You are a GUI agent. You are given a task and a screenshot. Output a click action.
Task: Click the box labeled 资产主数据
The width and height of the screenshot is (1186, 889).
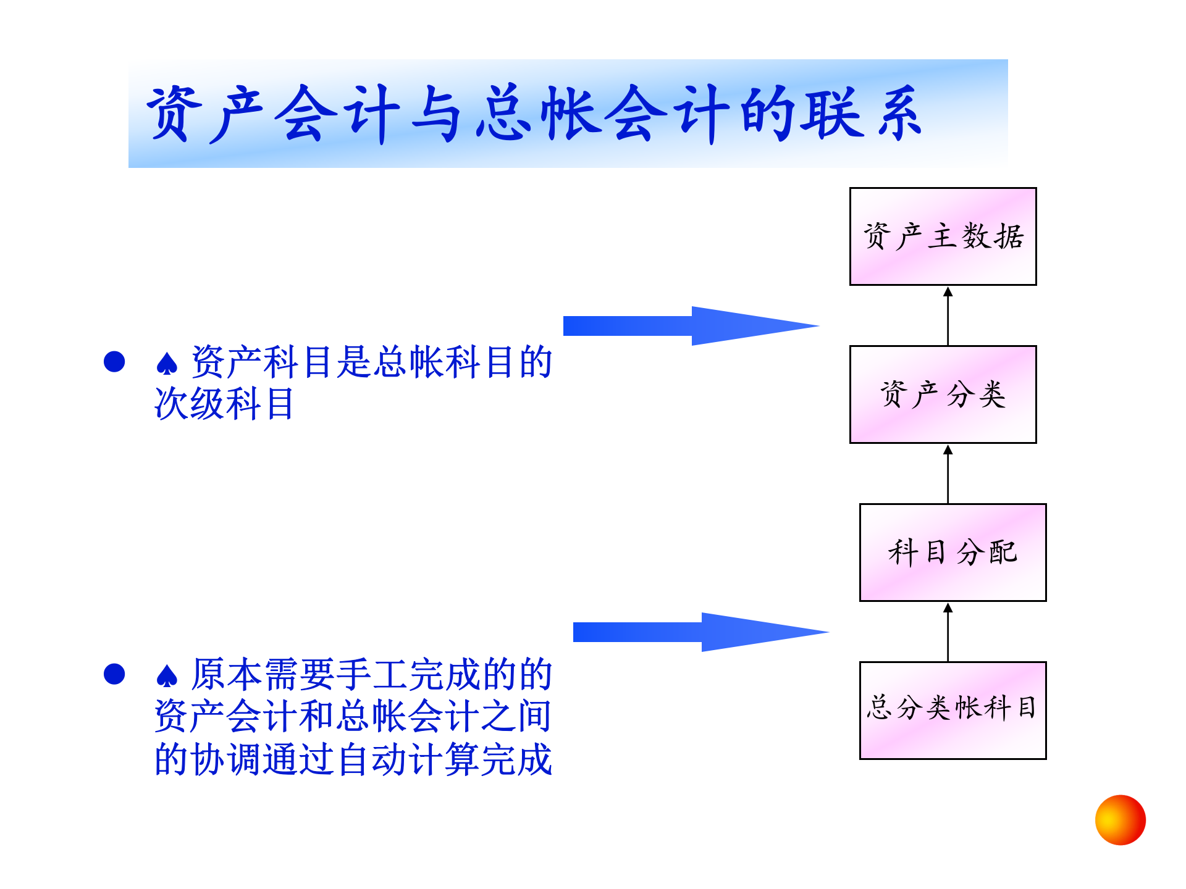(943, 236)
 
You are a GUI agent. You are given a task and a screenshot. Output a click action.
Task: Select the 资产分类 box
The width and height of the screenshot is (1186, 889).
(943, 394)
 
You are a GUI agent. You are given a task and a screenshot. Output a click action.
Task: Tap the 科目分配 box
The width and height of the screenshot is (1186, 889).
(953, 553)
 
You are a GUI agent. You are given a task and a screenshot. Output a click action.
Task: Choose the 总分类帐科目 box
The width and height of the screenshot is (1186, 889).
(953, 710)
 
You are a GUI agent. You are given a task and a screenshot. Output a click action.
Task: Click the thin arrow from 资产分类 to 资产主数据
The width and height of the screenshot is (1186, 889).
(948, 316)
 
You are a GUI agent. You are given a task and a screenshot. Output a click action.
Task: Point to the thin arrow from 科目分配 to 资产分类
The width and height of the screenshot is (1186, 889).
(948, 474)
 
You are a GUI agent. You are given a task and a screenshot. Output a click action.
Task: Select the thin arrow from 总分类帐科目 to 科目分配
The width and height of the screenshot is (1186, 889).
(948, 632)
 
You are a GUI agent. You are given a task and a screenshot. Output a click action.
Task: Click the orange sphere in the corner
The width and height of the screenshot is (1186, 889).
(1120, 820)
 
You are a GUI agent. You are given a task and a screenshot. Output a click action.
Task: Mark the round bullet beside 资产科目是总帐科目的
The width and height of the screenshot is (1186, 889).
(114, 362)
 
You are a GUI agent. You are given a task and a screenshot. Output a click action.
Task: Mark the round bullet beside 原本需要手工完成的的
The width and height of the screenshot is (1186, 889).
(114, 674)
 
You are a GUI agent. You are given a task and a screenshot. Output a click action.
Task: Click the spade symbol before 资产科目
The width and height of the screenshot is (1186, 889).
(167, 364)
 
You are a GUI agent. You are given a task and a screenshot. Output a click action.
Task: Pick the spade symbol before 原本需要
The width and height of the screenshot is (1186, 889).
(167, 677)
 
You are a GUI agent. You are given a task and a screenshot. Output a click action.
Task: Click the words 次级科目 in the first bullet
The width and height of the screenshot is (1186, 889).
(224, 404)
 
